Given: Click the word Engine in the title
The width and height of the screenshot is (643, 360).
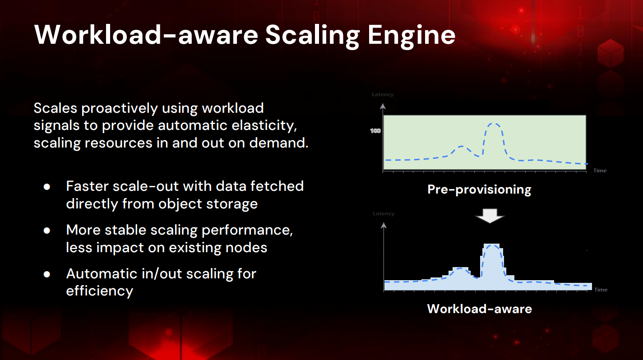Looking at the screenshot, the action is (x=412, y=36).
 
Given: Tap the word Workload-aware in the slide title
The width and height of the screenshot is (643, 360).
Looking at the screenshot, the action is (x=146, y=35).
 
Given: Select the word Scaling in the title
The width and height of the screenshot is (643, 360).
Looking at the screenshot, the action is (x=312, y=36).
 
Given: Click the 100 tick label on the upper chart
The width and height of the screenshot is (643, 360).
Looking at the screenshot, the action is (x=375, y=131).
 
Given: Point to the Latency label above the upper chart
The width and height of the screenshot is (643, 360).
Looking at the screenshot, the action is (x=383, y=94).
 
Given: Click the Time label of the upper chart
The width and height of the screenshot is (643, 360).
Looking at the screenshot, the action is (x=600, y=171).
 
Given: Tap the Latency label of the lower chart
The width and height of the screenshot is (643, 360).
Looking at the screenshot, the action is (x=384, y=213).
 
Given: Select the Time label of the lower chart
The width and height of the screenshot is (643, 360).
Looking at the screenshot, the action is (x=601, y=290).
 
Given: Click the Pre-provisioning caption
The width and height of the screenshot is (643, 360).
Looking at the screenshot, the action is (x=479, y=189).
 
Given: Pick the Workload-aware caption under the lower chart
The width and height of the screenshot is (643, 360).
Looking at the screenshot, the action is (x=479, y=309).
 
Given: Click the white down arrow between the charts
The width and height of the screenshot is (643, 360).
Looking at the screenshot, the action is (x=490, y=216).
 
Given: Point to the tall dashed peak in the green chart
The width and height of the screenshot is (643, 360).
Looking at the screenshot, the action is (x=494, y=124).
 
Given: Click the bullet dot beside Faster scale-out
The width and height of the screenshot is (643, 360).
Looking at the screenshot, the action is (x=47, y=187).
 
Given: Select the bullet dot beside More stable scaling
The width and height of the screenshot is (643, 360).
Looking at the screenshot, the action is (x=47, y=231).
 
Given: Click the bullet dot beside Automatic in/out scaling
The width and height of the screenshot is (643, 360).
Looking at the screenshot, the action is (x=47, y=274).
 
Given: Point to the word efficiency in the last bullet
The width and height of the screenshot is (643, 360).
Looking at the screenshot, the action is (x=100, y=291).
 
